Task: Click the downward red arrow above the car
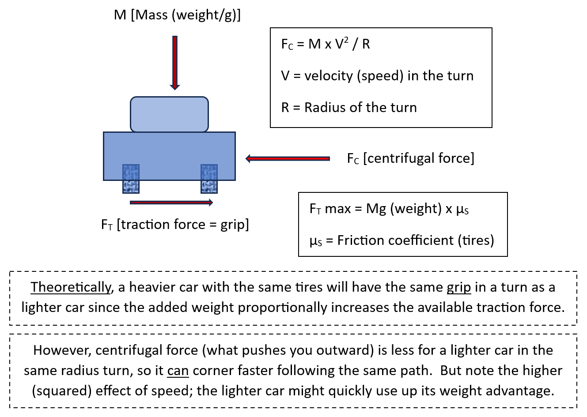175,63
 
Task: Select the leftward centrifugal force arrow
288,158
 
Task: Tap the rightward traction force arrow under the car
171,203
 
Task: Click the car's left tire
131,179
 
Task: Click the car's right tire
209,179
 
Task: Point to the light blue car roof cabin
169,114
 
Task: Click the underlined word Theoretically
71,287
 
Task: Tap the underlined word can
178,371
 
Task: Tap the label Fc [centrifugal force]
411,158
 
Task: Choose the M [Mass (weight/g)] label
177,15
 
